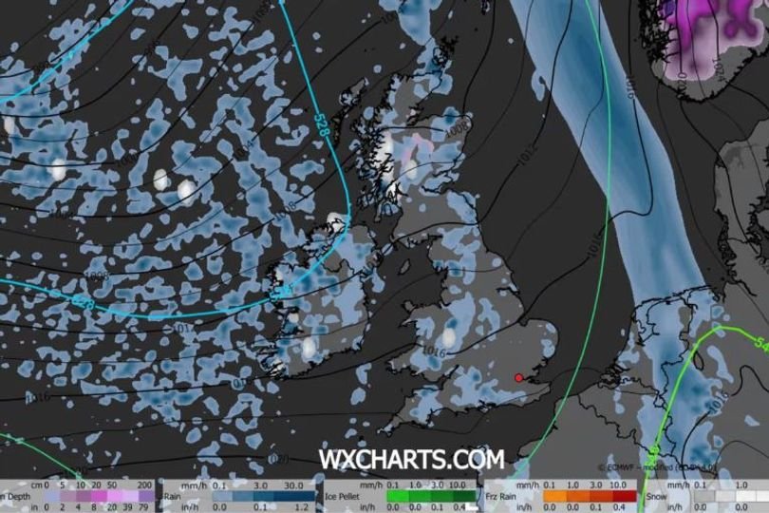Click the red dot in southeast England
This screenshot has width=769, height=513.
pos(518,378)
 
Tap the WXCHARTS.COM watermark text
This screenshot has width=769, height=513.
pos(411,460)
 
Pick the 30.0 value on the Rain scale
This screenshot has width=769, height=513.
pos(292,484)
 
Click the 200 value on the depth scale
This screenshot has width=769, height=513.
pos(144,484)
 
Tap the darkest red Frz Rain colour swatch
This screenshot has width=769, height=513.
pos(624,495)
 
